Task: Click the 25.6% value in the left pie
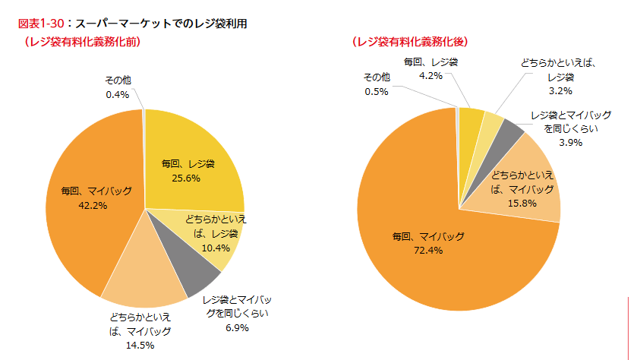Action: [x=188, y=179]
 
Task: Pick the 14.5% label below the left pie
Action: [x=140, y=346]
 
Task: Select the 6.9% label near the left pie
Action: [x=236, y=328]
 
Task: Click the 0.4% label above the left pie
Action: [x=118, y=95]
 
